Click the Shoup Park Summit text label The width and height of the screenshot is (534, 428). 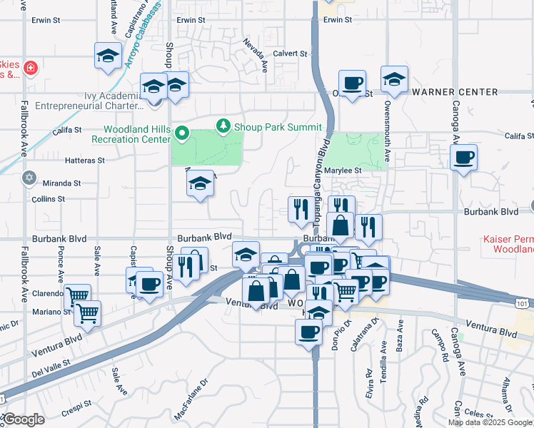coord(277,127)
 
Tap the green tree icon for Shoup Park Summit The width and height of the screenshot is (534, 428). coord(224,126)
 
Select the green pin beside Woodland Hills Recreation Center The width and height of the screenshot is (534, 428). coord(182,132)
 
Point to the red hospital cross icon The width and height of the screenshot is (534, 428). coord(30,68)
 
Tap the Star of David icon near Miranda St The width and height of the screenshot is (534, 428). coord(29,177)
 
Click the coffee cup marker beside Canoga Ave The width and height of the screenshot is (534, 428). coord(463,158)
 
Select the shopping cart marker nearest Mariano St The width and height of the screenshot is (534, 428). coord(87,313)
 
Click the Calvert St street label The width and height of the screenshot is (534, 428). coord(291,53)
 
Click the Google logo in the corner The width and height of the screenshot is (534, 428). coord(24,420)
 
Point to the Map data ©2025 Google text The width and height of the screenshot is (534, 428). coord(490,422)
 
